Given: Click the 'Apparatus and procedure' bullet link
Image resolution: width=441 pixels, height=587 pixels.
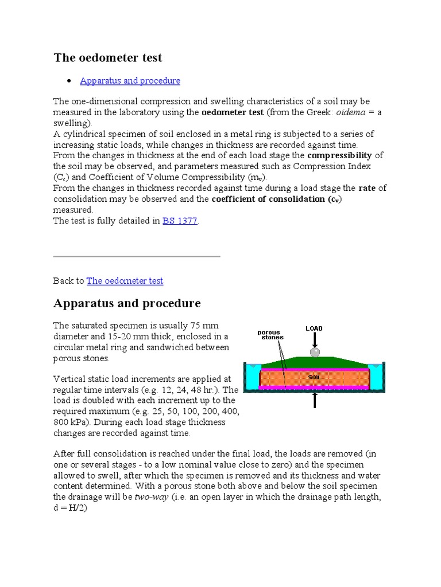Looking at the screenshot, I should [130, 81].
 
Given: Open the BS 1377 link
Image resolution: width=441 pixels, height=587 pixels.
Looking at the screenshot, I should [180, 221].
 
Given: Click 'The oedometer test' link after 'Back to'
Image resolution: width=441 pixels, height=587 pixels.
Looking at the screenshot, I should [125, 280].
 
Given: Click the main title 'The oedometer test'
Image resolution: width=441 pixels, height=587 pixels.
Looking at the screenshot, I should [108, 58].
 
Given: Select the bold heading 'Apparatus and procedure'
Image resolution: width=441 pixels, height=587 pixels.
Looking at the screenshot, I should [127, 303].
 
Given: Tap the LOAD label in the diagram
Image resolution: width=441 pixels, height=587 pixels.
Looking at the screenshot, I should [314, 328].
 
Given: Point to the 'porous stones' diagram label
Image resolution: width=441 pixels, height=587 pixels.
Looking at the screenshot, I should [269, 335].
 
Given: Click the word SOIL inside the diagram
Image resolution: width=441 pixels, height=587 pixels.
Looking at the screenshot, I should [315, 377].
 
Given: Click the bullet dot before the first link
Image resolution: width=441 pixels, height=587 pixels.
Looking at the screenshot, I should [69, 81].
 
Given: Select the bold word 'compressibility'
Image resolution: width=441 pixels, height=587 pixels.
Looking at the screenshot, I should [339, 155].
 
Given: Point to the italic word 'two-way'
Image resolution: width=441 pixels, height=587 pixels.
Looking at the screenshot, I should [151, 497].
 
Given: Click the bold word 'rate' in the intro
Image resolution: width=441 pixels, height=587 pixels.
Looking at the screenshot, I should [367, 188].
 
